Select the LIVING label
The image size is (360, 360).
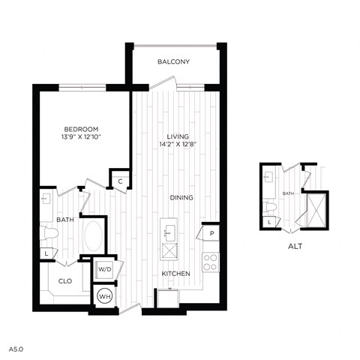[177, 136]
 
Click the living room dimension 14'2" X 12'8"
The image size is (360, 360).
[177, 145]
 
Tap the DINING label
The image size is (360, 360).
[181, 198]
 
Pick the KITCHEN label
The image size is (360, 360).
[175, 274]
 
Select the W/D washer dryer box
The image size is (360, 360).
[103, 268]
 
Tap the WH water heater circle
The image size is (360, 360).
[103, 295]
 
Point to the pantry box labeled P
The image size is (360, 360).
[212, 234]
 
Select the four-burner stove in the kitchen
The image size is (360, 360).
[211, 262]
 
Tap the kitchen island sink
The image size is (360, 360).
[168, 228]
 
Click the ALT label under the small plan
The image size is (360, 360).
[295, 244]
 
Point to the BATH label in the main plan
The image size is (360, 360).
[64, 220]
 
